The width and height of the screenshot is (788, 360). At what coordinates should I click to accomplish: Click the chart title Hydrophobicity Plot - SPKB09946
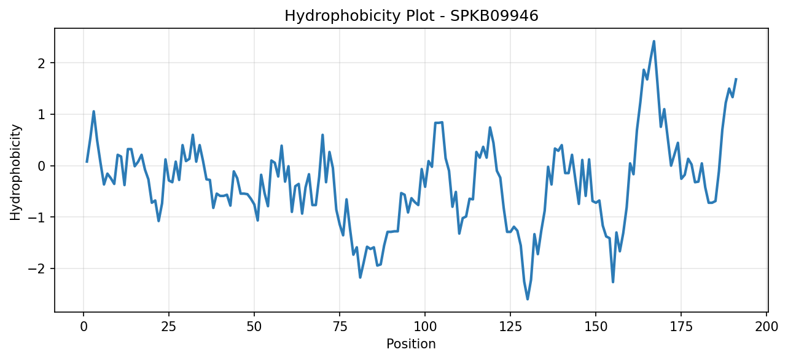(412, 16)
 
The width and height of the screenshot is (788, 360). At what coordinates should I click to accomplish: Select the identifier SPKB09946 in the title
(494, 16)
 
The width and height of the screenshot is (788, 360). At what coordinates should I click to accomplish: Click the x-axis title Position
(411, 344)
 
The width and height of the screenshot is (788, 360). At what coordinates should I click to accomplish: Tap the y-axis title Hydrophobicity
(16, 173)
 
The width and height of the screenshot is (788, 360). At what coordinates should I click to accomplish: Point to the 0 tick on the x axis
(84, 327)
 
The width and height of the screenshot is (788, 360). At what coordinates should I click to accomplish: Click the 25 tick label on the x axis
(169, 327)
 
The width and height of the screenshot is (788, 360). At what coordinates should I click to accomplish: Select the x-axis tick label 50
(254, 327)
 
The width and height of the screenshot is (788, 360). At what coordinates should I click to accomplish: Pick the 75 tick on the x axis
(340, 327)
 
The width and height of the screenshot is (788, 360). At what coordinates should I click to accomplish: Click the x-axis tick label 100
(425, 327)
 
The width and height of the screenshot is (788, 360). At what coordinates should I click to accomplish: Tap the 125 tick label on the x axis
(510, 327)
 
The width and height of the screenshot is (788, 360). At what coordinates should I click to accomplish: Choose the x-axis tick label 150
(596, 327)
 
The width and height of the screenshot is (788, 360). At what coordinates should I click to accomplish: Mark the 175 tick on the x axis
(681, 327)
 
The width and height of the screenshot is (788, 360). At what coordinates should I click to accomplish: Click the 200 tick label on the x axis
(767, 327)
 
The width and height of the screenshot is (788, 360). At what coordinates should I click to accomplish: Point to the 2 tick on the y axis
(42, 63)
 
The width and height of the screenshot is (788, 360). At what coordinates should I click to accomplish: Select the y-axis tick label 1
(42, 115)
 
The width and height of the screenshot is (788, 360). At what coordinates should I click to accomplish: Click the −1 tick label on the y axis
(37, 217)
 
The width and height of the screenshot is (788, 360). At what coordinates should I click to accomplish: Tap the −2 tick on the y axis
(37, 269)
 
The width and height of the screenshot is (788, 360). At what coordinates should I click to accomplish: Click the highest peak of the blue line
(654, 42)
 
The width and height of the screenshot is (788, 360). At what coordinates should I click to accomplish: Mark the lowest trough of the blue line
(528, 299)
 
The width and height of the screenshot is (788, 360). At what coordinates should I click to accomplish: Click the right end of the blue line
(736, 79)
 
